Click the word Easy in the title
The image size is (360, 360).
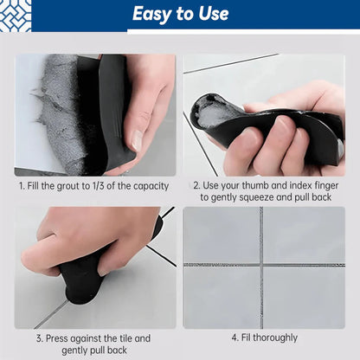point(151,14)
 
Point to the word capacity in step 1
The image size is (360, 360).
point(146,185)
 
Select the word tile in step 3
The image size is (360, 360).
point(121,337)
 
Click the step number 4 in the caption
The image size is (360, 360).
point(235,337)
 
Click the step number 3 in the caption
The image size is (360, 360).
point(39,337)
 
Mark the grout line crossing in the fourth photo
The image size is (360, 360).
point(260,265)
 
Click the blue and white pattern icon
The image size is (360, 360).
point(15,15)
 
